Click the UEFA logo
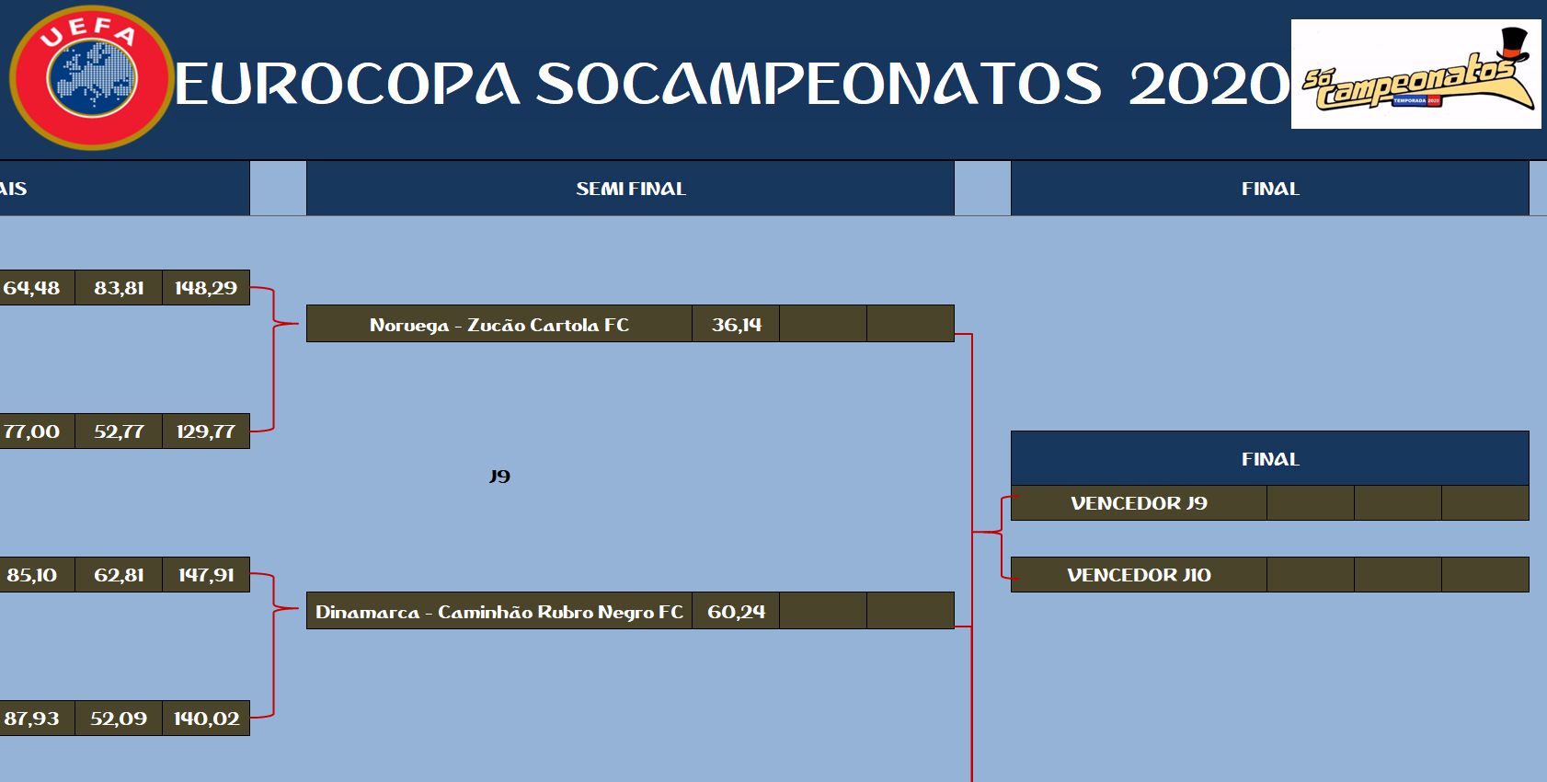pyautogui.click(x=91, y=77)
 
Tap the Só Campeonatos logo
pyautogui.click(x=1415, y=74)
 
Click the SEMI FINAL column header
pyautogui.click(x=631, y=189)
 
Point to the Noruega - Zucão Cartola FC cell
pyautogui.click(x=499, y=324)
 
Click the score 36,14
pyautogui.click(x=736, y=324)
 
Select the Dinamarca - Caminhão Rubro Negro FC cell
pyautogui.click(x=499, y=612)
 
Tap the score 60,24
pyautogui.click(x=736, y=612)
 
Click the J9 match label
pyautogui.click(x=499, y=476)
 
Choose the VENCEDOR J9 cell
pyautogui.click(x=1139, y=503)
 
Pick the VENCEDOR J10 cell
pyautogui.click(x=1139, y=575)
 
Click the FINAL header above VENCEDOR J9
pyautogui.click(x=1270, y=459)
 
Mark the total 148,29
pyautogui.click(x=206, y=287)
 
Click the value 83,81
pyautogui.click(x=119, y=287)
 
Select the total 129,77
pyautogui.click(x=206, y=431)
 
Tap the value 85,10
pyautogui.click(x=32, y=575)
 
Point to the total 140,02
pyautogui.click(x=206, y=719)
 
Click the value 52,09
pyautogui.click(x=119, y=719)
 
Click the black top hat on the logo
pyautogui.click(x=1514, y=44)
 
